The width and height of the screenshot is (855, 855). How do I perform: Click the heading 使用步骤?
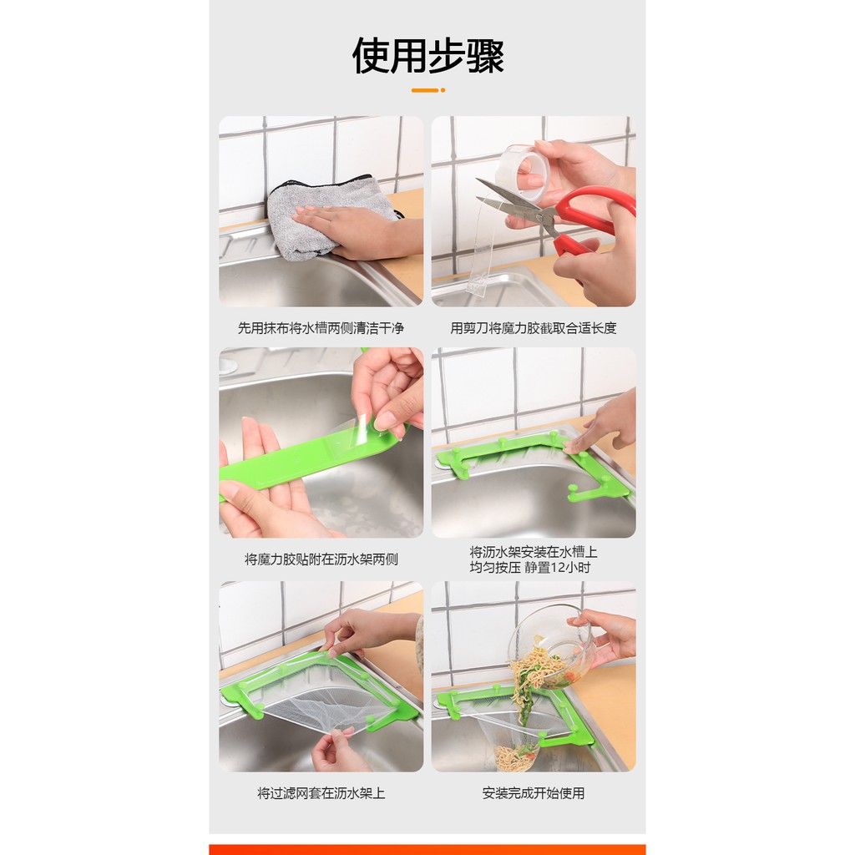(427, 56)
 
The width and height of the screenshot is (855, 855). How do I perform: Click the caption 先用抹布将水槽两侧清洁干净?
(321, 328)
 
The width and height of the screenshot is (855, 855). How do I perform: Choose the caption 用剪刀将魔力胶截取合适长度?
(534, 328)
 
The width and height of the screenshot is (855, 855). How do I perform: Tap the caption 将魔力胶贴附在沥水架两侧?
(321, 559)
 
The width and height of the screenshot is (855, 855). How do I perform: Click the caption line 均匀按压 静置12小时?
(530, 568)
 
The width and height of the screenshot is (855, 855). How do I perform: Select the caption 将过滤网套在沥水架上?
(321, 793)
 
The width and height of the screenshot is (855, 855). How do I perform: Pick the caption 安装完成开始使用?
(534, 793)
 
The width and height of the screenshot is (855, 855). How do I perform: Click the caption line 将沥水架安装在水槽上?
(534, 553)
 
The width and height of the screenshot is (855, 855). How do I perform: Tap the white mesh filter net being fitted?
(316, 703)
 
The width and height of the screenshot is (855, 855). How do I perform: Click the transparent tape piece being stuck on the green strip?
(349, 433)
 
